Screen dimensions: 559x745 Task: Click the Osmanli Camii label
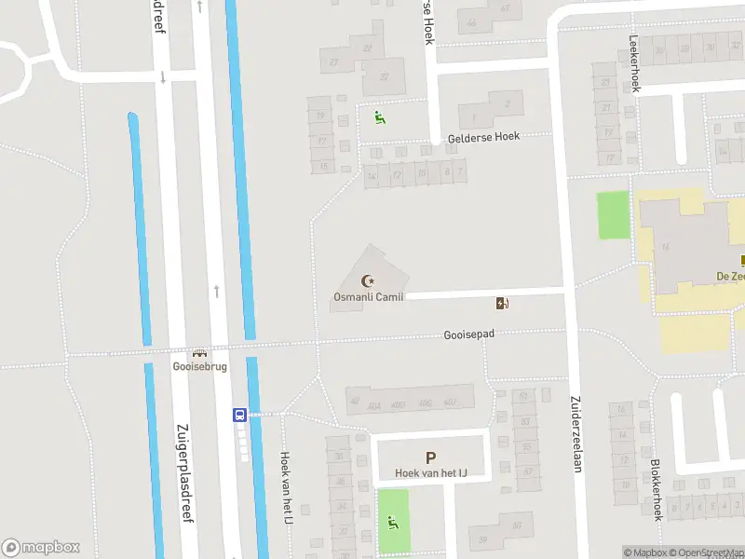point(368,297)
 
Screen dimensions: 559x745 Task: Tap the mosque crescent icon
point(368,280)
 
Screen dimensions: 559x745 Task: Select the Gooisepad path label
point(468,334)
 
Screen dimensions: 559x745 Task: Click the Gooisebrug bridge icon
point(197,353)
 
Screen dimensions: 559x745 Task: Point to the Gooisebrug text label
point(197,367)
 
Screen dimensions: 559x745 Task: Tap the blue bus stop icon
point(239,415)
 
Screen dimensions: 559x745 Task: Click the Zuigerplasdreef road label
point(183,474)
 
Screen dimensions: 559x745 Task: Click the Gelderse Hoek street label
point(483,136)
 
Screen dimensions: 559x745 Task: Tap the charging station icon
point(502,303)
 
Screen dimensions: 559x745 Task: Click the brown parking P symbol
point(430,457)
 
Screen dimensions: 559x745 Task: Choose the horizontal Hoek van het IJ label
point(430,473)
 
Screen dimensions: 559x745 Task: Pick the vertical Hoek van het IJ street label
point(287,486)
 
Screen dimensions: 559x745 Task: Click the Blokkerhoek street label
point(657,488)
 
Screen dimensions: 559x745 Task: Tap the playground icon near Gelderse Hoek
point(378,117)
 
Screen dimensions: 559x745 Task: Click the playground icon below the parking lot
point(393,523)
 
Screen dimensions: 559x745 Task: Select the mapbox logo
point(41,547)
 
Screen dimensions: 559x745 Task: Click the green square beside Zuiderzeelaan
point(612,213)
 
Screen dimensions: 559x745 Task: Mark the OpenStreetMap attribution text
point(708,552)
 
